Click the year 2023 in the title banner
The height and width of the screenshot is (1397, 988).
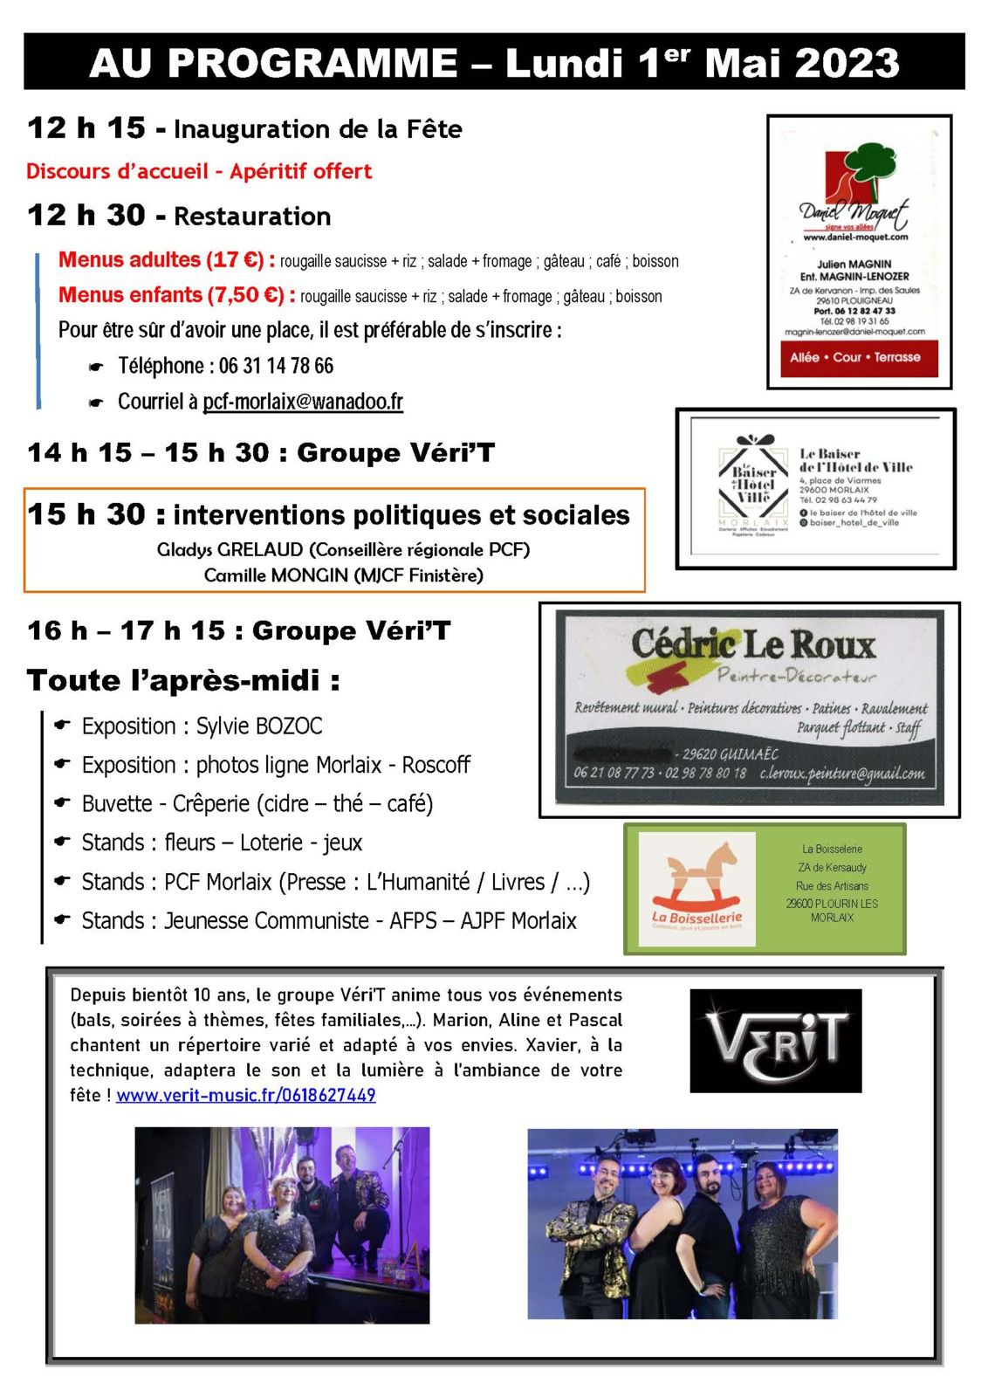(x=847, y=62)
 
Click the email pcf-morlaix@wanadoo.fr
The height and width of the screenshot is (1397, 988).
(x=303, y=402)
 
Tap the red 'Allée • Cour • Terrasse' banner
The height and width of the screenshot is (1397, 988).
(x=854, y=358)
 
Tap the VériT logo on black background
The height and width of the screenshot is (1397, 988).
(x=775, y=1040)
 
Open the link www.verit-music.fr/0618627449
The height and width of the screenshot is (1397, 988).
(x=245, y=1095)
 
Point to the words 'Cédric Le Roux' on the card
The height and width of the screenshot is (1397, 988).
(x=752, y=646)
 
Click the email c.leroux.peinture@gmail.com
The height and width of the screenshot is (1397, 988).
(x=842, y=774)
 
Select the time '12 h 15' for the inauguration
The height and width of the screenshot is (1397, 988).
(x=86, y=128)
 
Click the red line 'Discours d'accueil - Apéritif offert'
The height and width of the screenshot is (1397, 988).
(x=199, y=171)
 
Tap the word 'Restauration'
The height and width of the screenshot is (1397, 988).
(x=252, y=217)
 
